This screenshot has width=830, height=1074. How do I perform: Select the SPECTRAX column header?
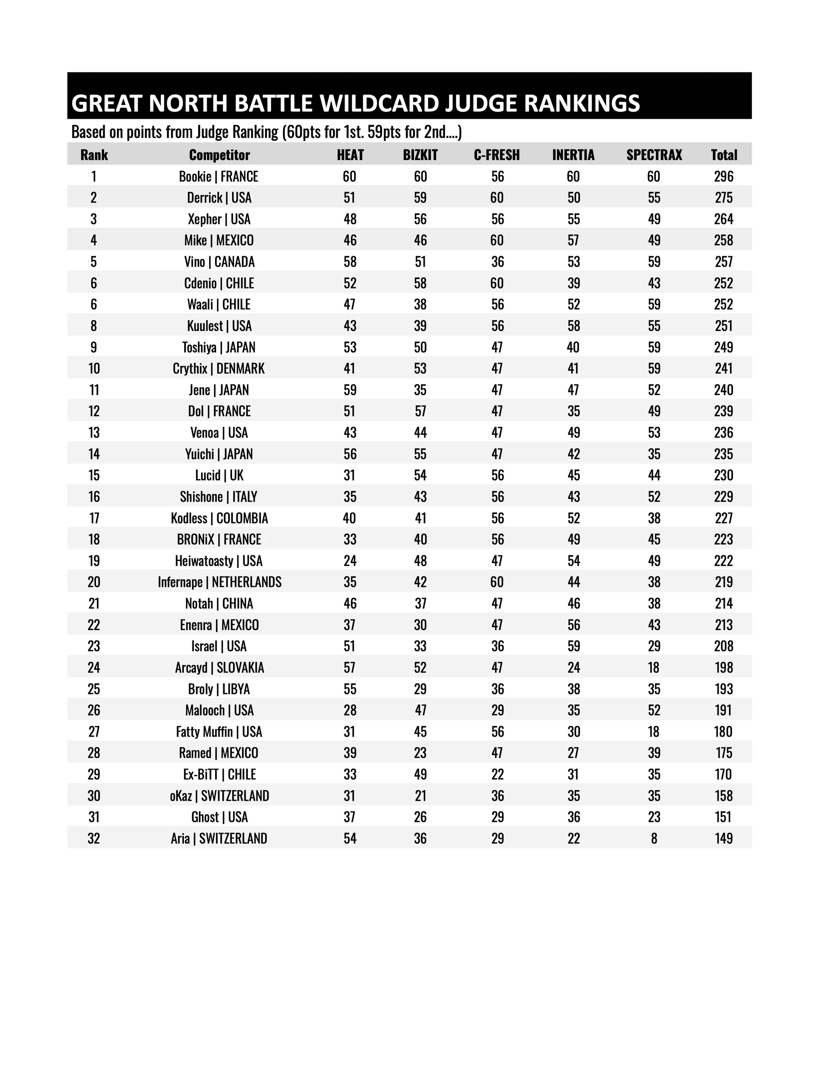[654, 155]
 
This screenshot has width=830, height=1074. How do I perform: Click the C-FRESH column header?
[497, 155]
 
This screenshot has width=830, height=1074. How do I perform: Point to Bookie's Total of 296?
[723, 177]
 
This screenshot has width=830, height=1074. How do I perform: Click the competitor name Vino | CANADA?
[219, 262]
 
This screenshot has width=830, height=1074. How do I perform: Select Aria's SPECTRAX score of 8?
[654, 838]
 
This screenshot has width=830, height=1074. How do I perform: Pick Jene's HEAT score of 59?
[350, 390]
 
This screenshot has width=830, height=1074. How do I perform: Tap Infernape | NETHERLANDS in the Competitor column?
[219, 582]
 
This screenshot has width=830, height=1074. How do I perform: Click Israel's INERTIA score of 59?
[573, 646]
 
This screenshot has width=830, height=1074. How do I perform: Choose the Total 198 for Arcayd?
[723, 668]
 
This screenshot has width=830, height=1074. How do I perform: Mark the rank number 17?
[94, 518]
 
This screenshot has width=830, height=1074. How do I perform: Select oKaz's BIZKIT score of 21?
[420, 796]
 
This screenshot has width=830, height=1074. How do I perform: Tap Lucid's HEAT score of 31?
[350, 475]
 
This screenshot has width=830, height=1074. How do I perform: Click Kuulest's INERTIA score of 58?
[573, 326]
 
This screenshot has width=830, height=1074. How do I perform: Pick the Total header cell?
[724, 155]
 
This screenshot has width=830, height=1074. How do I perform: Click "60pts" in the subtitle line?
[303, 132]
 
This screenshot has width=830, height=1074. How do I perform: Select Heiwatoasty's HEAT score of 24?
[350, 561]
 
